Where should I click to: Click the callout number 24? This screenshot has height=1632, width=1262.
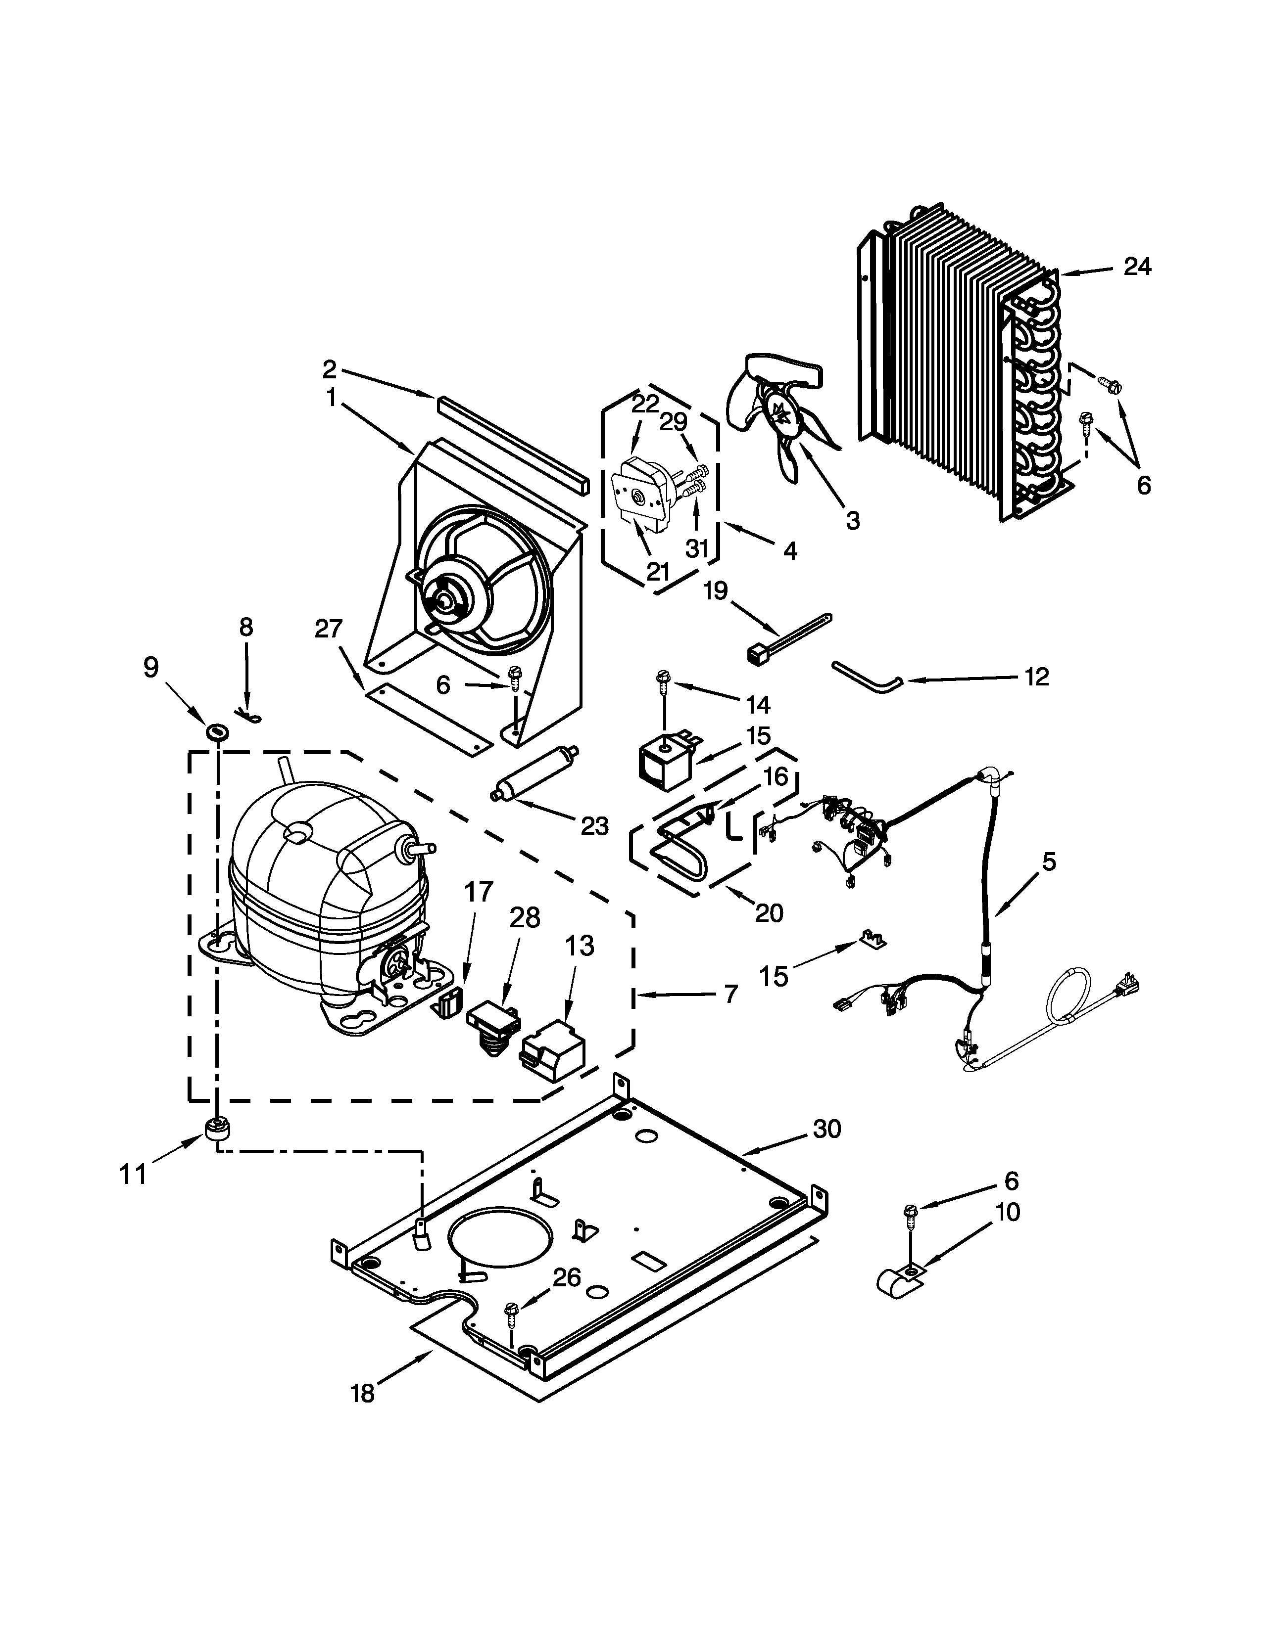pos(1137,267)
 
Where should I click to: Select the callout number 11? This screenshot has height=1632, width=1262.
pos(133,1176)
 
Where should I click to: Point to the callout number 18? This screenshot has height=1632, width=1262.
pos(363,1394)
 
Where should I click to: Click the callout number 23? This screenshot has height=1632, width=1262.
pos(595,826)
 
